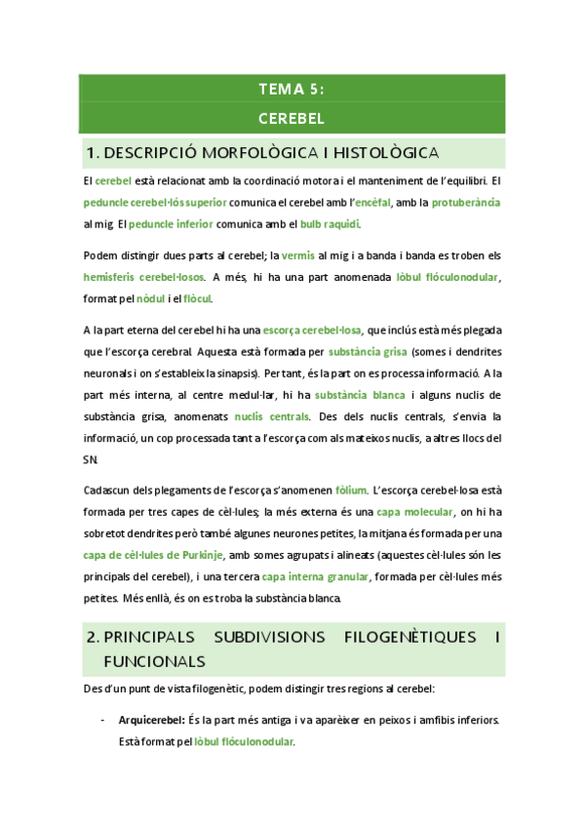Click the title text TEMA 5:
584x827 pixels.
click(x=292, y=90)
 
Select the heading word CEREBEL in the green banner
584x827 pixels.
click(x=292, y=119)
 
